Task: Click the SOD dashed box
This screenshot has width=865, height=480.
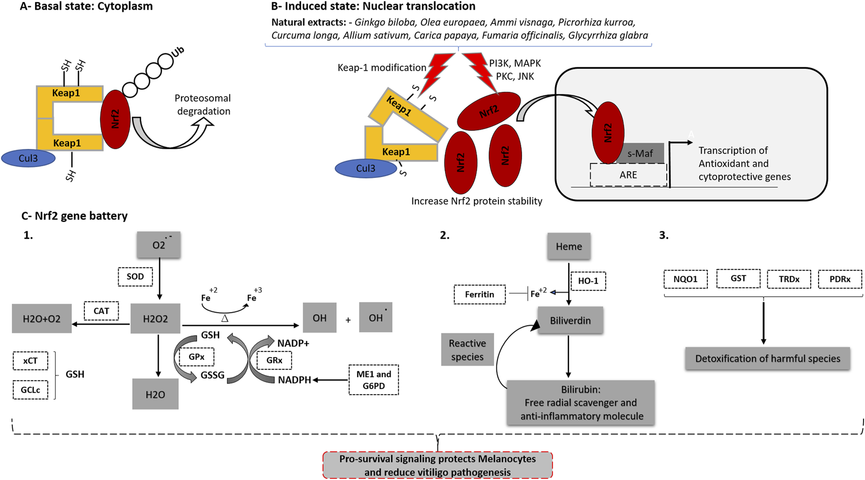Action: pyautogui.click(x=135, y=277)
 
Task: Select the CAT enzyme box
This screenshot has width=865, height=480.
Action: pyautogui.click(x=102, y=311)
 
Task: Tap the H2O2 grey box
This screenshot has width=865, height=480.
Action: pyautogui.click(x=155, y=319)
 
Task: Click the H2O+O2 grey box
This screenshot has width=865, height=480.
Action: pyautogui.click(x=41, y=319)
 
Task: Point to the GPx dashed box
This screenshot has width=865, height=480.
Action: pyautogui.click(x=196, y=357)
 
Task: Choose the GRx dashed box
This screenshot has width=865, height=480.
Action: pyautogui.click(x=274, y=360)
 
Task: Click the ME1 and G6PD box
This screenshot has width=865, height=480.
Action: pyautogui.click(x=373, y=380)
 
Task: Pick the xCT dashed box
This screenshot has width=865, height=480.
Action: pyautogui.click(x=30, y=361)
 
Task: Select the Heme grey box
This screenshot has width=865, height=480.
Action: pyautogui.click(x=569, y=247)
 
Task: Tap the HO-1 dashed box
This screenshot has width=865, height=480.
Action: pyautogui.click(x=588, y=281)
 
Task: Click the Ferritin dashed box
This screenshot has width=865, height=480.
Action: pyautogui.click(x=479, y=294)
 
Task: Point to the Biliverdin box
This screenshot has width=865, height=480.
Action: pyautogui.click(x=570, y=321)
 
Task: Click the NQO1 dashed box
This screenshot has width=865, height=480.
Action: pyautogui.click(x=685, y=279)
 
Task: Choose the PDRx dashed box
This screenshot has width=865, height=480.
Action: pyautogui.click(x=840, y=279)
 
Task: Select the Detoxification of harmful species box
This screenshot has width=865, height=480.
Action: pyautogui.click(x=767, y=359)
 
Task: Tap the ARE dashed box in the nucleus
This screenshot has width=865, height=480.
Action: pyautogui.click(x=628, y=175)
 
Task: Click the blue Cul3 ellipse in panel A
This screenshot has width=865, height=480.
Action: pyautogui.click(x=28, y=158)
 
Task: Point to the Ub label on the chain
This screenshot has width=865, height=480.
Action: pyautogui.click(x=178, y=52)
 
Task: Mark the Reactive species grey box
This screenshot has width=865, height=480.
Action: pyautogui.click(x=467, y=350)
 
